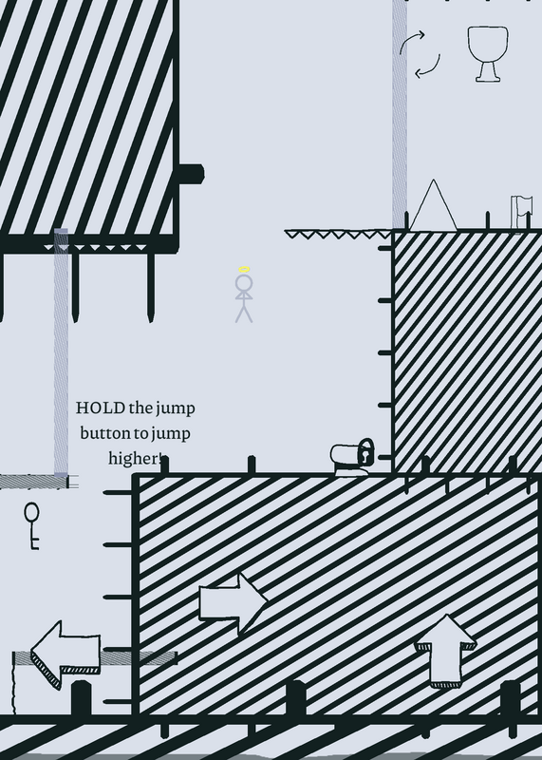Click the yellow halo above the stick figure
click(x=244, y=270)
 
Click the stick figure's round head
click(x=244, y=282)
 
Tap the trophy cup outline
click(x=488, y=54)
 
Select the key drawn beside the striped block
click(x=32, y=526)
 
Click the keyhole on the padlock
click(x=366, y=455)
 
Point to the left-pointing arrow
click(x=65, y=655)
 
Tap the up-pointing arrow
click(x=445, y=651)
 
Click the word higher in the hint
click(x=134, y=458)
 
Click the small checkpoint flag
click(x=522, y=212)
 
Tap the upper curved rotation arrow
click(x=411, y=41)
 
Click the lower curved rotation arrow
click(x=428, y=66)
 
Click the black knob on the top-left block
click(x=192, y=174)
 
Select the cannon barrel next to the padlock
click(x=345, y=457)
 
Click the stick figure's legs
click(x=244, y=313)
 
